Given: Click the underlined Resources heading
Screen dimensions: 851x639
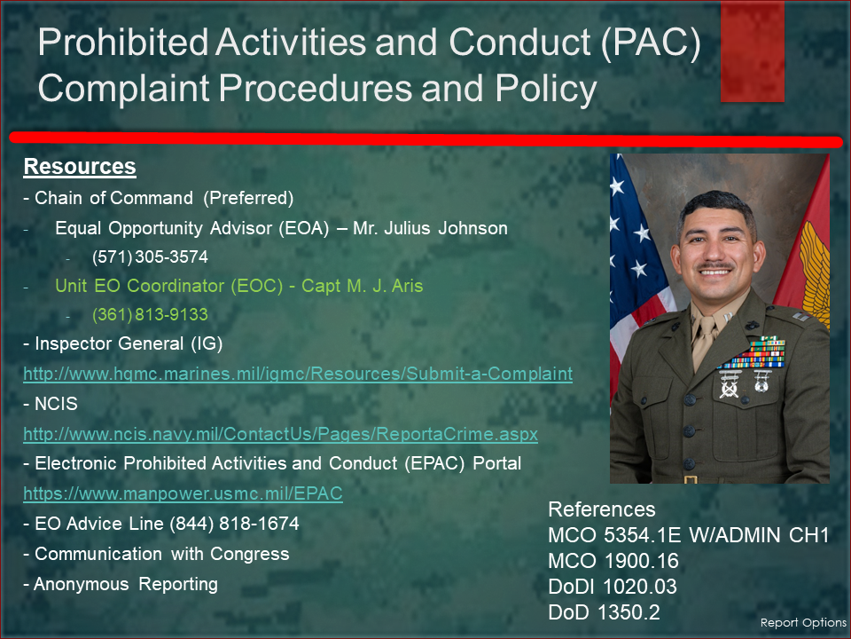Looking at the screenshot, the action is pyautogui.click(x=80, y=167).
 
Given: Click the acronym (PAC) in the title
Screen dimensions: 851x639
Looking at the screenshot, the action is pyautogui.click(x=651, y=43).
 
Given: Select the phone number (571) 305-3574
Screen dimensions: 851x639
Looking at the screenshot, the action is pyautogui.click(x=151, y=257).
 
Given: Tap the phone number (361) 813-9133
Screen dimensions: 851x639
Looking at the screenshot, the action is pyautogui.click(x=151, y=314).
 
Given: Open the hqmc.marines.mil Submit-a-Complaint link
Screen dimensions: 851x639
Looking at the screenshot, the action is pyautogui.click(x=298, y=374).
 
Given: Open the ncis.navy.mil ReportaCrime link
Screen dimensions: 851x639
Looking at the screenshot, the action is pyautogui.click(x=281, y=434).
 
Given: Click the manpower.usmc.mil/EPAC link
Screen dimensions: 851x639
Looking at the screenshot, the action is pyautogui.click(x=183, y=493).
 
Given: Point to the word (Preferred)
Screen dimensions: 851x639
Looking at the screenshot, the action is pyautogui.click(x=248, y=198).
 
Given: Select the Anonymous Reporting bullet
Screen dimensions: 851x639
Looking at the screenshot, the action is pyautogui.click(x=121, y=584).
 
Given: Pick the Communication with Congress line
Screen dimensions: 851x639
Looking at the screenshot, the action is pyautogui.click(x=156, y=554).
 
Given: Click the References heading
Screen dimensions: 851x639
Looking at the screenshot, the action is pyautogui.click(x=602, y=509).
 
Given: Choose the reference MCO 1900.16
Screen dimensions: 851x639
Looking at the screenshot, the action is pyautogui.click(x=613, y=561).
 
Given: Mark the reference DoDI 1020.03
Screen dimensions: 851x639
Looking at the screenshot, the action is pyautogui.click(x=613, y=587).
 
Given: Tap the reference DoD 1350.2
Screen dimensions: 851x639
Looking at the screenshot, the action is pyautogui.click(x=604, y=612).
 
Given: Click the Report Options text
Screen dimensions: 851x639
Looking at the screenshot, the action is pyautogui.click(x=803, y=623).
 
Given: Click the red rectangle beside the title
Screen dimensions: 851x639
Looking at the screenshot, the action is pyautogui.click(x=753, y=51).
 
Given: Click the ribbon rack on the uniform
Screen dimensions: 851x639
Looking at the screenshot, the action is pyautogui.click(x=753, y=354).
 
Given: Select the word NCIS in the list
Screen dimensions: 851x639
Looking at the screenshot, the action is pyautogui.click(x=56, y=404).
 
